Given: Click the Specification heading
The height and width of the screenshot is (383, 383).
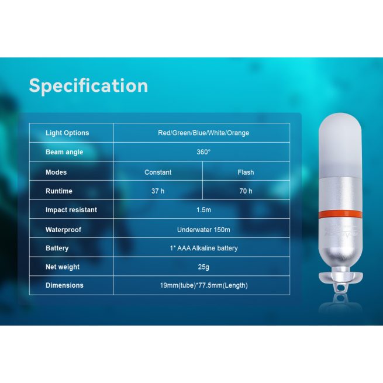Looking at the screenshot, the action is tap(88, 86).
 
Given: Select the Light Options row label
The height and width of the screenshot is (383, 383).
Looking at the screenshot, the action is tap(67, 133).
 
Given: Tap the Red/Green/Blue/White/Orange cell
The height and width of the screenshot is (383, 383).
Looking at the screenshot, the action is tap(203, 133).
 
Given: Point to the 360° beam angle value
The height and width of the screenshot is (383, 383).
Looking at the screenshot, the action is tap(203, 152).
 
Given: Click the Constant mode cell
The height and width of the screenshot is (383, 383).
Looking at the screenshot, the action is tap(158, 172).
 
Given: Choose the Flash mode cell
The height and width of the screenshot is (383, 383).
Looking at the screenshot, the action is tap(246, 172).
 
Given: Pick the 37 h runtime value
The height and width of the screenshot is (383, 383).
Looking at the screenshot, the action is tap(158, 191).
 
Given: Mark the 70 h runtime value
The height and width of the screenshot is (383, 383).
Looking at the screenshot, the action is tap(246, 191).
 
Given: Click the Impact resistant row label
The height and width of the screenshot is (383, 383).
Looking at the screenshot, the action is tap(71, 210).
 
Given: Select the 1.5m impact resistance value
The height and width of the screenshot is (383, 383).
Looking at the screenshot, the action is tap(203, 210).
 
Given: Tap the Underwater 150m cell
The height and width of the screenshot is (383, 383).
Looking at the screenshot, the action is tap(203, 230).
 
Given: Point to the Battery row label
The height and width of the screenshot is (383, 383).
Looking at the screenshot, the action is tap(57, 248).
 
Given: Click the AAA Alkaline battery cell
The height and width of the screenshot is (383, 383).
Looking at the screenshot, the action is tap(203, 248).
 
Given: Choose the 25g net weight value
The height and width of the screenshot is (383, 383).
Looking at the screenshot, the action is tap(203, 267).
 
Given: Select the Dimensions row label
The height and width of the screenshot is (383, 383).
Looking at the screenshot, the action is tap(64, 285).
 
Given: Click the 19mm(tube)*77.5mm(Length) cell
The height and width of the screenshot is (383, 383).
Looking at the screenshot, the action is tap(203, 285).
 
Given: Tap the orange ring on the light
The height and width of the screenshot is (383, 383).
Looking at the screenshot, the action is tap(340, 214).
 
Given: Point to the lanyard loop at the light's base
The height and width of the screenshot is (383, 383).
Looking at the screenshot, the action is tap(340, 287).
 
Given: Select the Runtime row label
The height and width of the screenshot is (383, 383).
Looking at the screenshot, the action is tap(59, 191).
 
